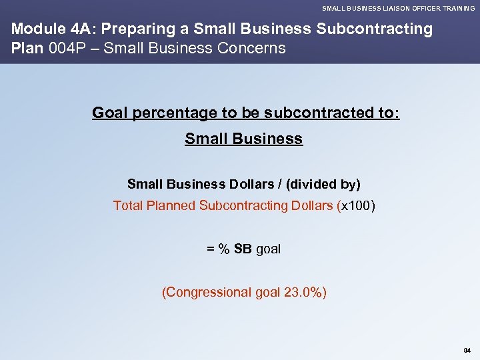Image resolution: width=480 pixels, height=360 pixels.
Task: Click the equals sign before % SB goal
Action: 210,249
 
